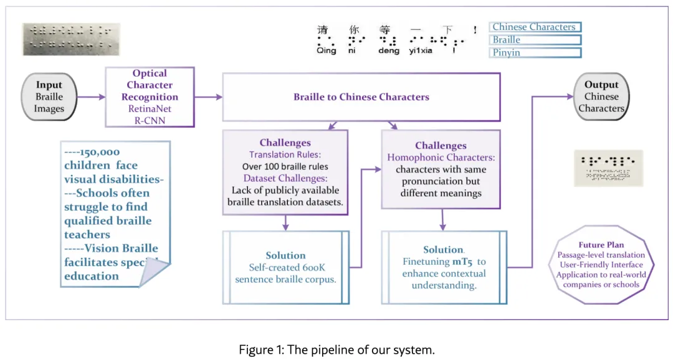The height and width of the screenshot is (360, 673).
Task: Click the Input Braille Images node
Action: point(49,97)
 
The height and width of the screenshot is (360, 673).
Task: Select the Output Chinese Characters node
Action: point(601,97)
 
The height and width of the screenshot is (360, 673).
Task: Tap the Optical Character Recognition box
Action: point(150,97)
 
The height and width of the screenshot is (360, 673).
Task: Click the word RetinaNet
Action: point(150,109)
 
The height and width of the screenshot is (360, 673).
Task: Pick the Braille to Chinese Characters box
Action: point(361,97)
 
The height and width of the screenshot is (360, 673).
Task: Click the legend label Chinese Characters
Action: point(535,27)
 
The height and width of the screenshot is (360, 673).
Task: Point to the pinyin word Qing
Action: point(326,51)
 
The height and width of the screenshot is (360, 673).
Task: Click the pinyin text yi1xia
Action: point(422,51)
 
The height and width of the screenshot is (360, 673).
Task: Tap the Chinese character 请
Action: point(322,29)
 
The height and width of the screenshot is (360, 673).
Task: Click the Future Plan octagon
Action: point(601,265)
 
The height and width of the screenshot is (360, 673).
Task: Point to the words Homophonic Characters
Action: point(441,158)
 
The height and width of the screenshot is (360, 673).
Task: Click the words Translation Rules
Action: point(285,154)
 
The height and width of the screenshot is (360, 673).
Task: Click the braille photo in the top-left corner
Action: point(71,39)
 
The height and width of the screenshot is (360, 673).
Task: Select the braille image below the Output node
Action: point(608,168)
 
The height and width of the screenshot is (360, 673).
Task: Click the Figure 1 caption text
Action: point(336,350)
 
